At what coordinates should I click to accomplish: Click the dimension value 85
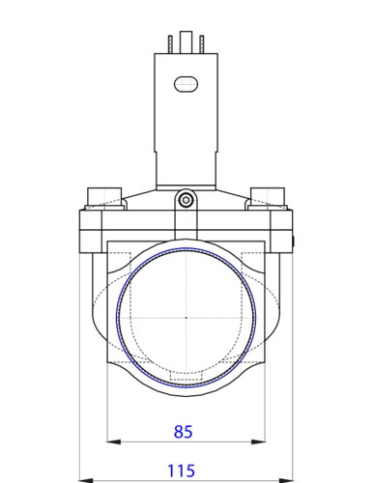point(183,432)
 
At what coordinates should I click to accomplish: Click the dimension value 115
point(181,471)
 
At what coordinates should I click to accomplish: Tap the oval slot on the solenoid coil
point(186,84)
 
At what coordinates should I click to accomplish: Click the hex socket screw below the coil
point(186,200)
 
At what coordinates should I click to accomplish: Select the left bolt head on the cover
point(104,197)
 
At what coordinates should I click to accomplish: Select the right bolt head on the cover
point(268,197)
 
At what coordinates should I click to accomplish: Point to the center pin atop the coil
point(186,43)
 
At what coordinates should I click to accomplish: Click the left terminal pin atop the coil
point(170,44)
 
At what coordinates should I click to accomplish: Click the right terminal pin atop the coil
point(202,44)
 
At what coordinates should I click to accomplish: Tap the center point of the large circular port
point(186,318)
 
